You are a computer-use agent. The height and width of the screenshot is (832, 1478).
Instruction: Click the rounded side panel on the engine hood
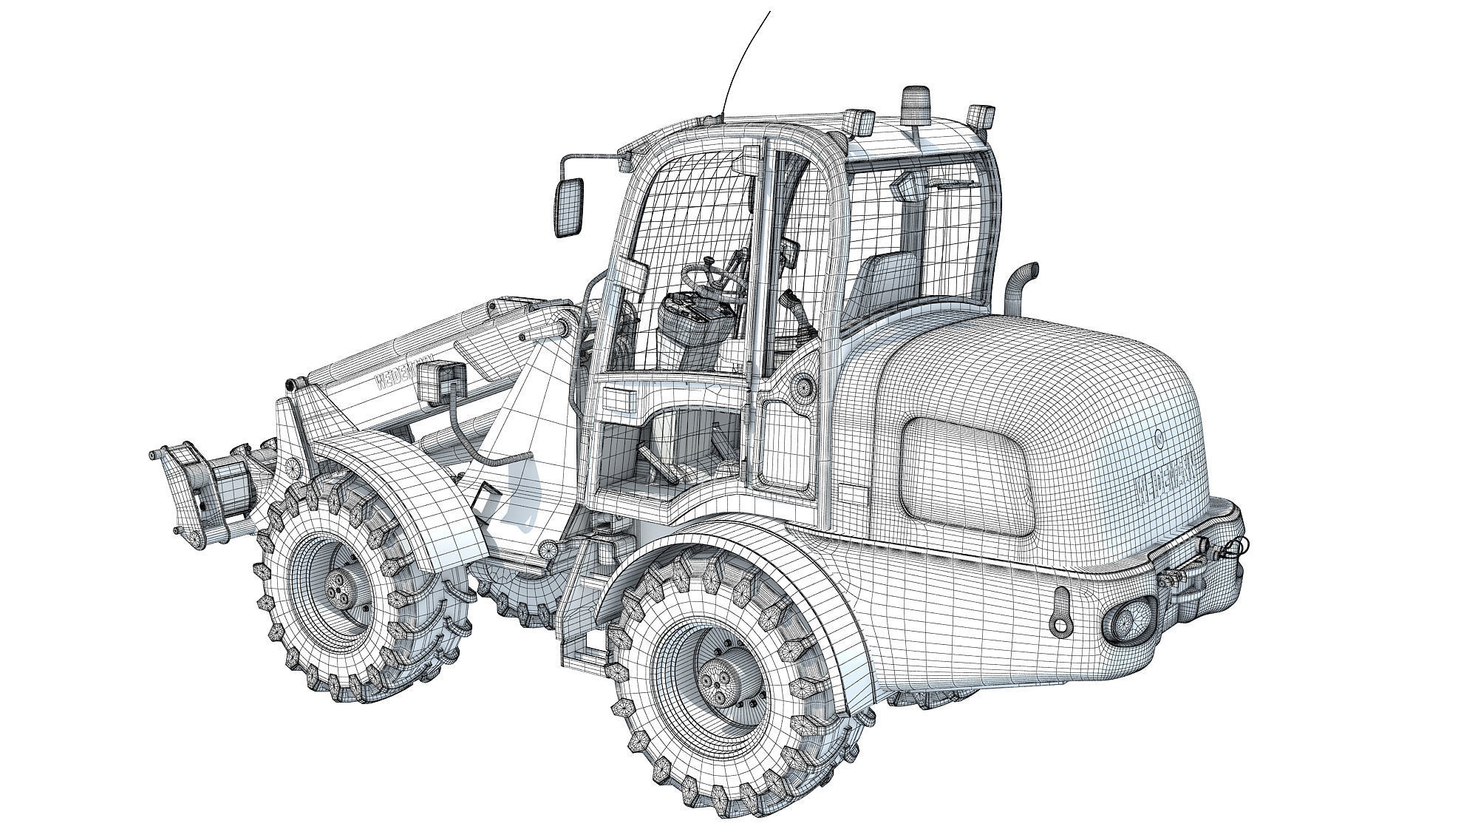[x=964, y=473]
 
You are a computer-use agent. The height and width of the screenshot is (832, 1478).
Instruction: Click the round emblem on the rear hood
[x=1158, y=439]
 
